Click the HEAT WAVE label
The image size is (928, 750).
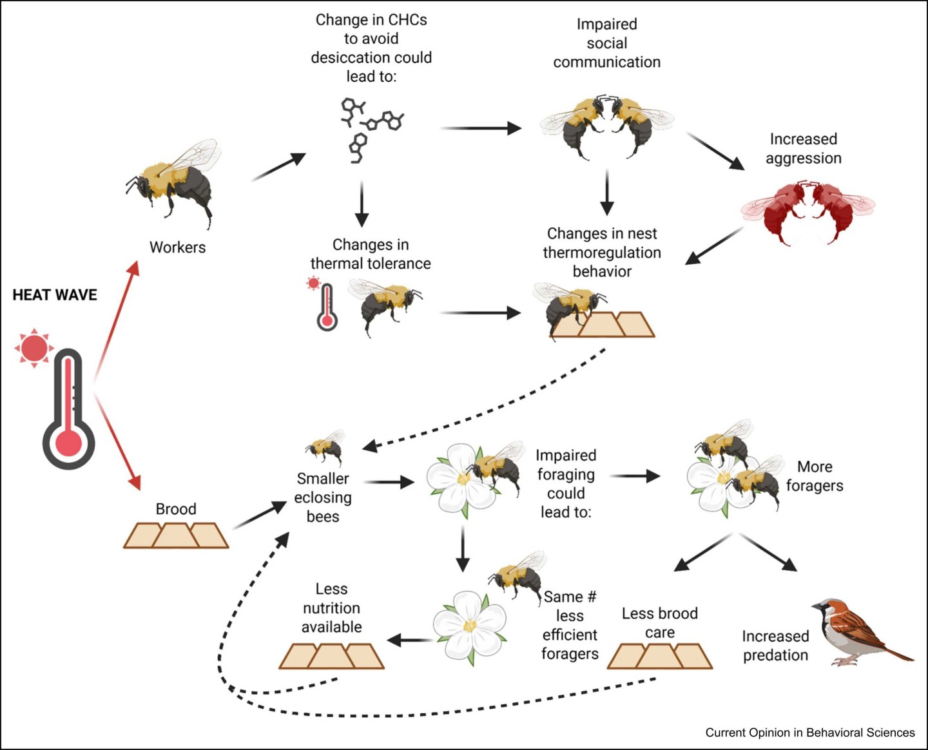[55, 295]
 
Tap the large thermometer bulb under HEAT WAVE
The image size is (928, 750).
[68, 443]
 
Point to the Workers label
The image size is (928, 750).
[177, 247]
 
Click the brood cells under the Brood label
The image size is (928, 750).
[176, 535]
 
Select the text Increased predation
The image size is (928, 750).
[775, 646]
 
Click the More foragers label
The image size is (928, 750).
[815, 476]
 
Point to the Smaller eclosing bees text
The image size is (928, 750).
[323, 497]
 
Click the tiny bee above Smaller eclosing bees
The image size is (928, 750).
[326, 447]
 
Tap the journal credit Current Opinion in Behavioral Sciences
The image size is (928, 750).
[810, 733]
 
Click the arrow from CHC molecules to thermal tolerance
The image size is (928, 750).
[362, 204]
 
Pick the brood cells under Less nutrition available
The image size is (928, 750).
[332, 657]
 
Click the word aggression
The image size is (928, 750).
[804, 159]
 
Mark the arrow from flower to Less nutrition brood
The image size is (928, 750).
[410, 640]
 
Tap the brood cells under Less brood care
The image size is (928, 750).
[660, 657]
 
